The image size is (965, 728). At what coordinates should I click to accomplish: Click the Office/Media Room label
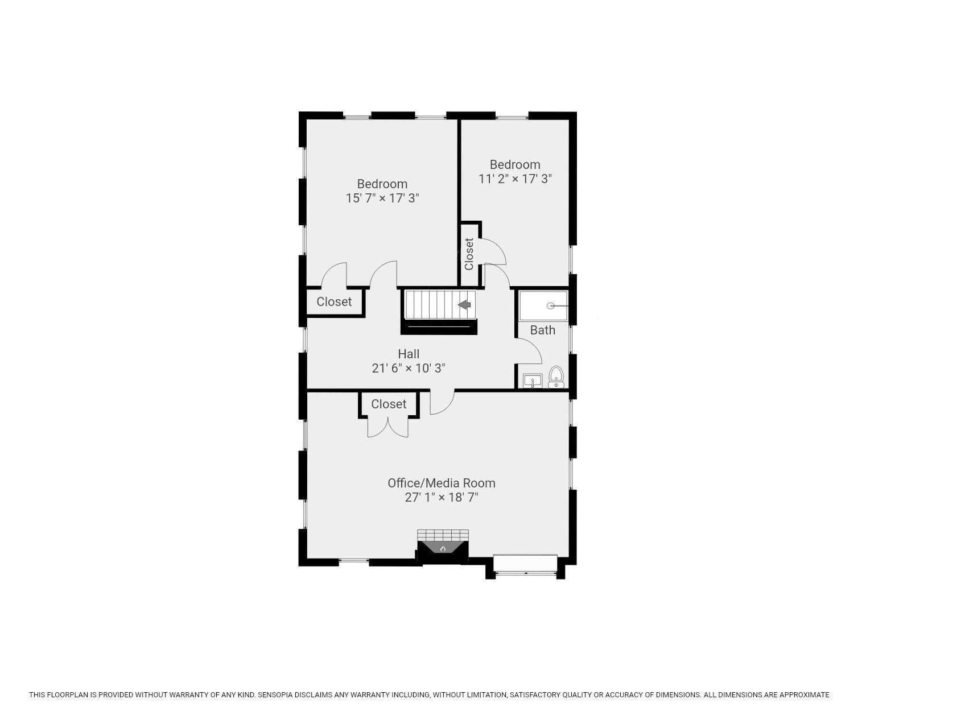point(442,483)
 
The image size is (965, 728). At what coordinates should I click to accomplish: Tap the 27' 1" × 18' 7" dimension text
point(442,498)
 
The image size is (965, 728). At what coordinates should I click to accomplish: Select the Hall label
point(409,354)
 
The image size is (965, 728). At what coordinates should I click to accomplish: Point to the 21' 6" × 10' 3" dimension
point(409,368)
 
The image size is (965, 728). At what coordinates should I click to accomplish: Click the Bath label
point(542,330)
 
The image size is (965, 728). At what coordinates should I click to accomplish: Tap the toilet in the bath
point(556,377)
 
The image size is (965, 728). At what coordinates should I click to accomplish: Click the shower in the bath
point(543,306)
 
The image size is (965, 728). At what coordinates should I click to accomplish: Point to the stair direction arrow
point(465,305)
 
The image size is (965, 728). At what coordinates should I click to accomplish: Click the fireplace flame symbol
point(443,548)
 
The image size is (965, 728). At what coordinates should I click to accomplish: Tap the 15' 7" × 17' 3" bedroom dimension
point(382,198)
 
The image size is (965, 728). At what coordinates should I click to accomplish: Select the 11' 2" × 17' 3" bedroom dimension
point(515,179)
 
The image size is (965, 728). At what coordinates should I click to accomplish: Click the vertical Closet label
point(469,254)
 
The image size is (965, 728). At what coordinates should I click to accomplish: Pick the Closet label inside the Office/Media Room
point(389,404)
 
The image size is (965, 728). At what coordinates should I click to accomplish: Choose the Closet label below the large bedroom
point(334,301)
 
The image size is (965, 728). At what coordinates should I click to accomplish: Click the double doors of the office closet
point(388,428)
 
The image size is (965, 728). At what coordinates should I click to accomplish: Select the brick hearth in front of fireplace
point(443,535)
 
